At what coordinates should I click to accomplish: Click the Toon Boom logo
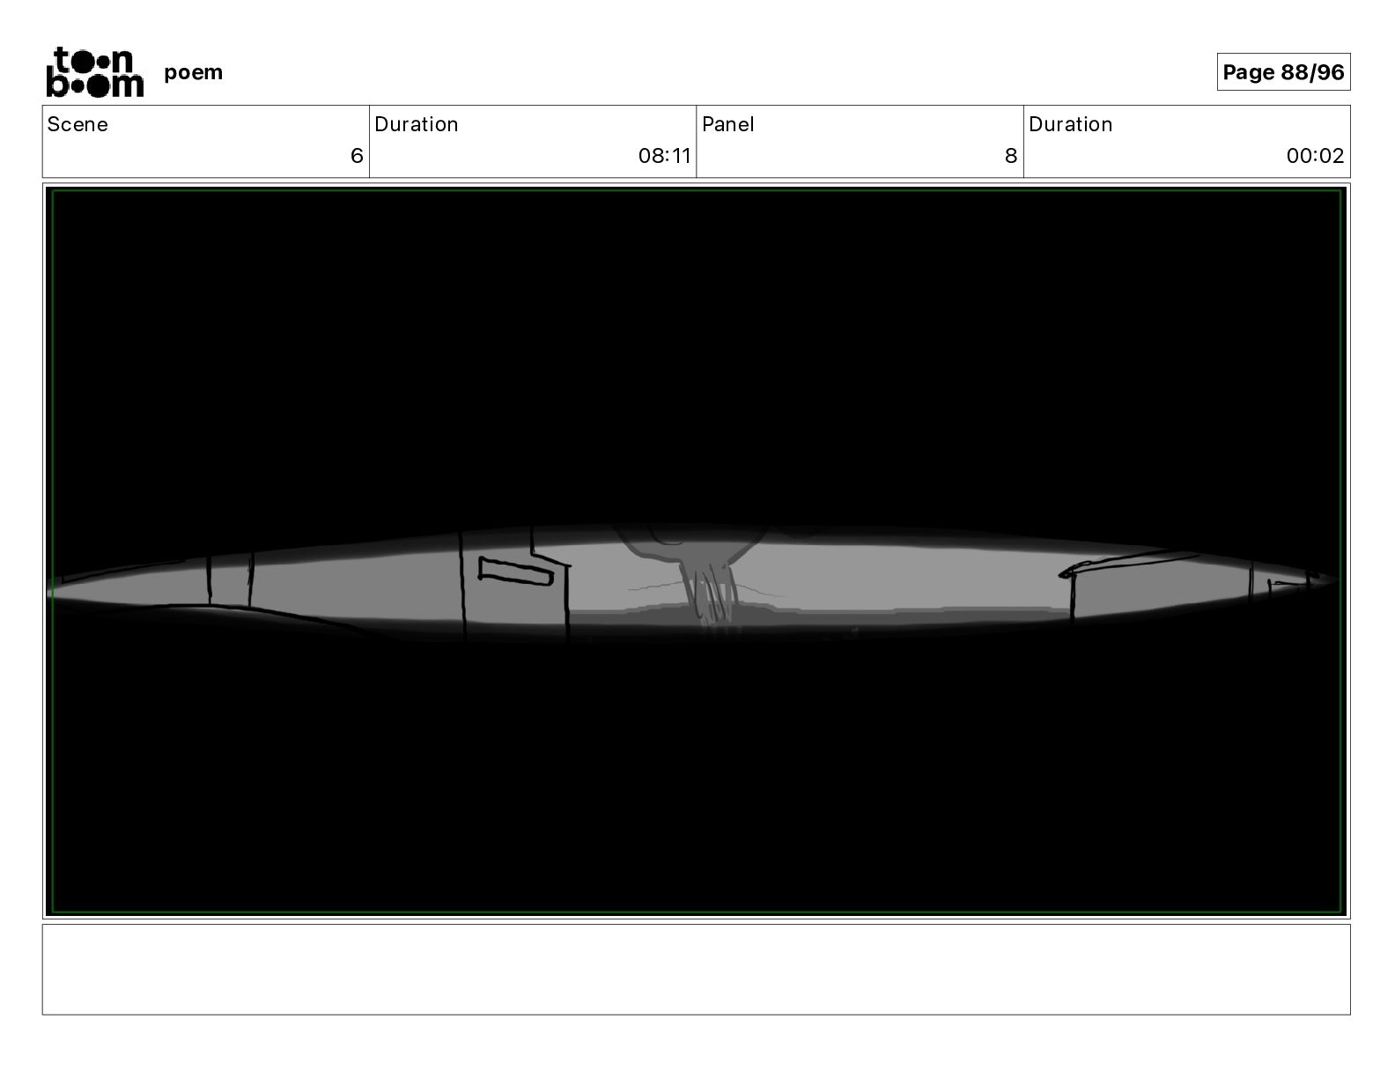tap(95, 72)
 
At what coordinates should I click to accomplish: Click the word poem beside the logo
tap(193, 72)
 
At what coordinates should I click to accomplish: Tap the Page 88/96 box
tap(1283, 72)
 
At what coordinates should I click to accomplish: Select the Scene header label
tap(77, 124)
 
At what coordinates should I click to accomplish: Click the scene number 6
tap(357, 155)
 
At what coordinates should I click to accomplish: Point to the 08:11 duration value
tap(664, 155)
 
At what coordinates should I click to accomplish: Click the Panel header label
tap(728, 124)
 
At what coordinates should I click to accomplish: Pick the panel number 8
tap(1011, 155)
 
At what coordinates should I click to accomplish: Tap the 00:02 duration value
tap(1316, 155)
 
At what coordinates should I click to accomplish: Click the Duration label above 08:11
tap(416, 124)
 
